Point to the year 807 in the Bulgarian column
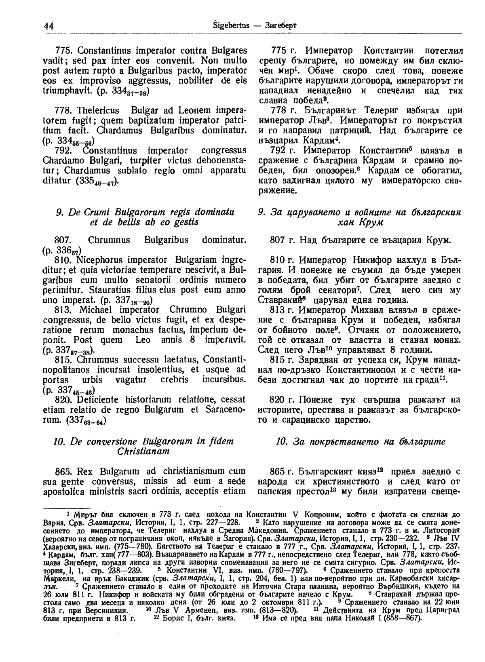click(x=277, y=240)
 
